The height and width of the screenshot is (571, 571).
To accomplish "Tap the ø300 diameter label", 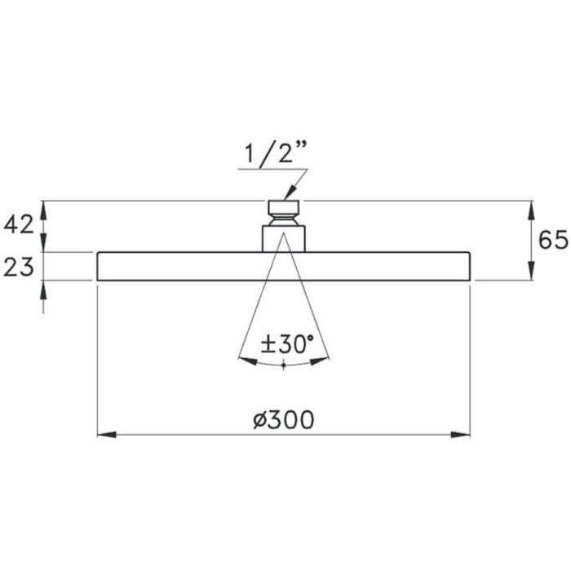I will [283, 420].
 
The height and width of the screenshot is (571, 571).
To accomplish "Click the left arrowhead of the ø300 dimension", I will [103, 434].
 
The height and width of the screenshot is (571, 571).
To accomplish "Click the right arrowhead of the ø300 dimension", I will [465, 434].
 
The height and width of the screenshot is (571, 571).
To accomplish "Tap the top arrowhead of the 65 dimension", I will [532, 206].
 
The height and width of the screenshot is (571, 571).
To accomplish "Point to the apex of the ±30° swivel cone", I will [283, 235].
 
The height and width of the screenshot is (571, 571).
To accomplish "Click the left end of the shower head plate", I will [99, 267].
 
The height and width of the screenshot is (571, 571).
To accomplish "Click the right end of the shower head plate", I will [469, 267].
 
